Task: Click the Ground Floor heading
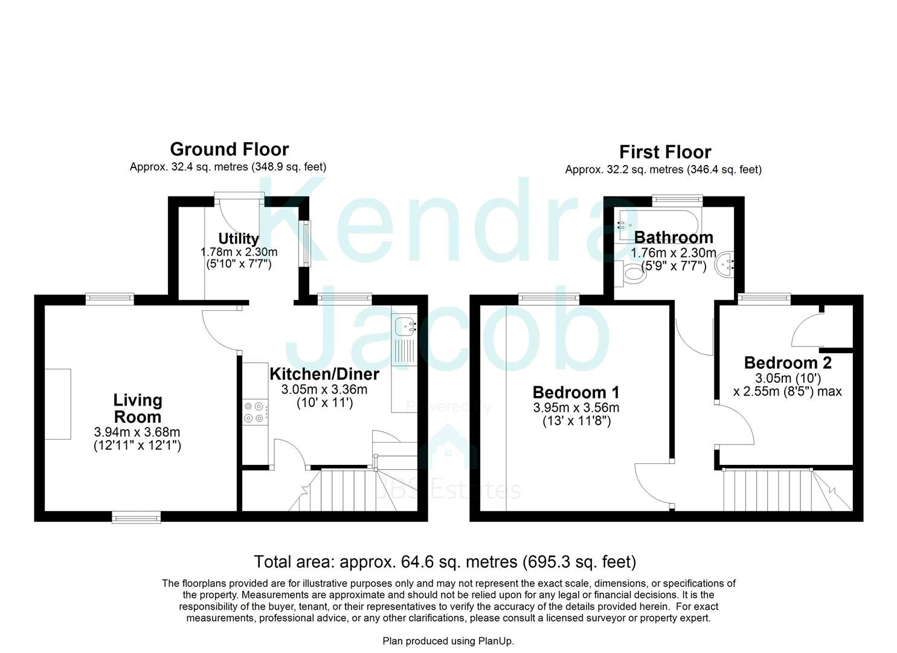pos(229,149)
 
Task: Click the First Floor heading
pos(664,152)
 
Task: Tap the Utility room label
pos(239,238)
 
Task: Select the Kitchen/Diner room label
pos(324,374)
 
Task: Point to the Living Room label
pos(138,408)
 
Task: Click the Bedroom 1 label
pos(576,392)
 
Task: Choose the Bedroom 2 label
pos(787,363)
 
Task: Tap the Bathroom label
pos(673,237)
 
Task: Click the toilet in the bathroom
pos(629,273)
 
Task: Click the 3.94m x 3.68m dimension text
pos(137,432)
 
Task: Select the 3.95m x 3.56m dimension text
pos(576,408)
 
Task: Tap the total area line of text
pos(445,562)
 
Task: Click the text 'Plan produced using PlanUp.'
pos(448,641)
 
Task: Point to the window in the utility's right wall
pos(306,243)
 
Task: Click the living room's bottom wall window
pos(137,516)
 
